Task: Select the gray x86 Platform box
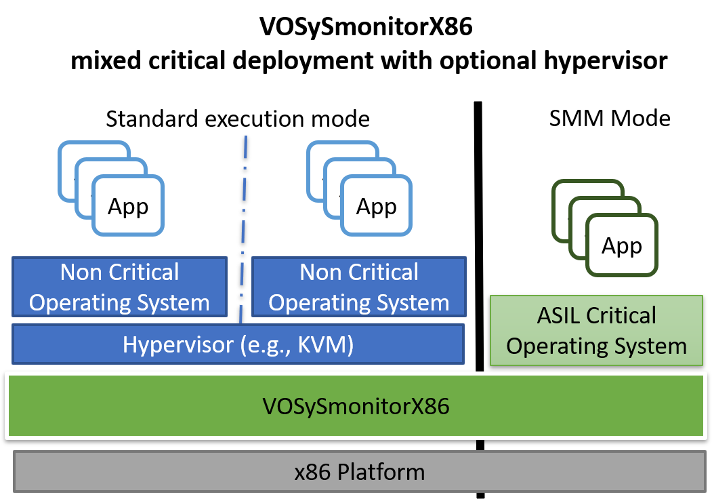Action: click(x=359, y=472)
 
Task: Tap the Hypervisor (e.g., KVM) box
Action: click(x=238, y=344)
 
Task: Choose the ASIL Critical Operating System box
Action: click(x=596, y=331)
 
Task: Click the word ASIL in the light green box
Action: click(x=560, y=316)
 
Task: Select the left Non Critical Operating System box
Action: click(x=119, y=287)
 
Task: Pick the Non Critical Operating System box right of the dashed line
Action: click(x=359, y=287)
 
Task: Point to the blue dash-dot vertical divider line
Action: click(x=243, y=224)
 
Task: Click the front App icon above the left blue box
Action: click(x=128, y=206)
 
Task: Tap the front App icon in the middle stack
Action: click(x=376, y=206)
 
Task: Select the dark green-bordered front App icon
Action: click(x=621, y=245)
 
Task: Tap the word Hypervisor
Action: click(x=177, y=344)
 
